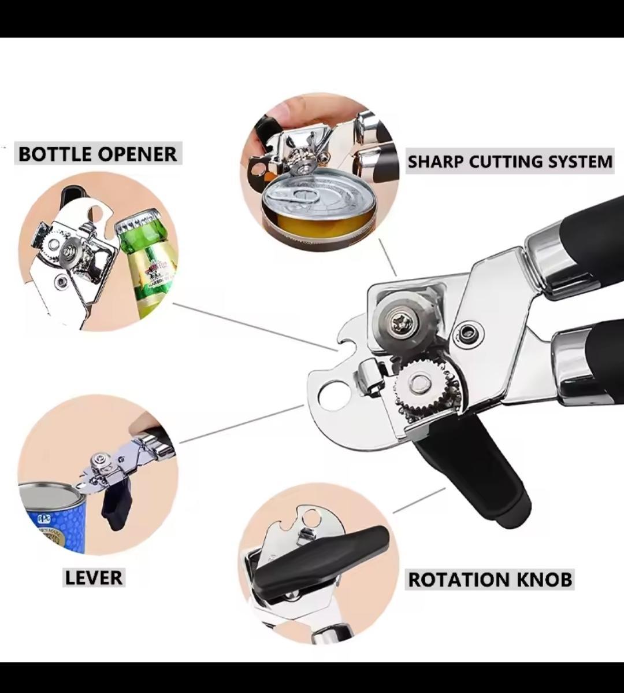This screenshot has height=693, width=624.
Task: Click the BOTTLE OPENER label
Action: [x=98, y=154]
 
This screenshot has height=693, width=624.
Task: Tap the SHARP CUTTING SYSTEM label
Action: [x=510, y=161]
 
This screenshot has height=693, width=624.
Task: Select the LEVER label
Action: [x=94, y=578]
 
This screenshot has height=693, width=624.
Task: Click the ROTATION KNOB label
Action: [x=490, y=580]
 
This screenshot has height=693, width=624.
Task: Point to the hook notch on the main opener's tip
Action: [x=347, y=341]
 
